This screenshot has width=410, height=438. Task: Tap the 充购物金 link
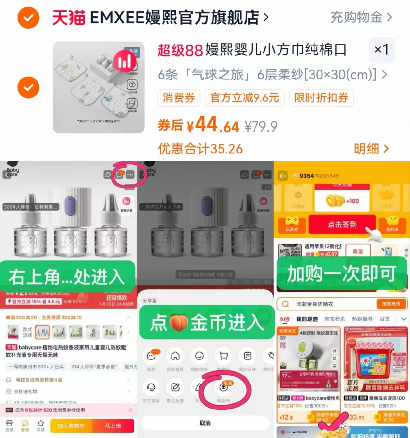tap(361, 17)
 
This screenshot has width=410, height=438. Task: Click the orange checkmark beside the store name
tap(28, 18)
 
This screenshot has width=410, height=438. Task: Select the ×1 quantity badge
tap(381, 50)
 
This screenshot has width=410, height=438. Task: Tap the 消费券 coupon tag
tap(179, 98)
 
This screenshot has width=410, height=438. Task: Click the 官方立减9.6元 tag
tap(244, 98)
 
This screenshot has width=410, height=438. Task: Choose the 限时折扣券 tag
tap(321, 98)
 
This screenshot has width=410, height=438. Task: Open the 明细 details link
tap(371, 149)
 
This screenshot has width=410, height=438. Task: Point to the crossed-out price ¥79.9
tap(261, 127)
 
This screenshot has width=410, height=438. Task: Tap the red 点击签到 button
tap(342, 224)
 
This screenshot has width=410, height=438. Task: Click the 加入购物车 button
tap(71, 426)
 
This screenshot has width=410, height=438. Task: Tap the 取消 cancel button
tap(205, 423)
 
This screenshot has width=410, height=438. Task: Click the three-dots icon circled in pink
tap(130, 175)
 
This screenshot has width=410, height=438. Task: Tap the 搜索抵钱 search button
tap(391, 304)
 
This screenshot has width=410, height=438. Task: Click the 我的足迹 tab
tap(307, 319)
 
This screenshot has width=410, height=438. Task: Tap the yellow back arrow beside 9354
tap(282, 176)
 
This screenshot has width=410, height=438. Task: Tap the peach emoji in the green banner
tap(178, 323)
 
